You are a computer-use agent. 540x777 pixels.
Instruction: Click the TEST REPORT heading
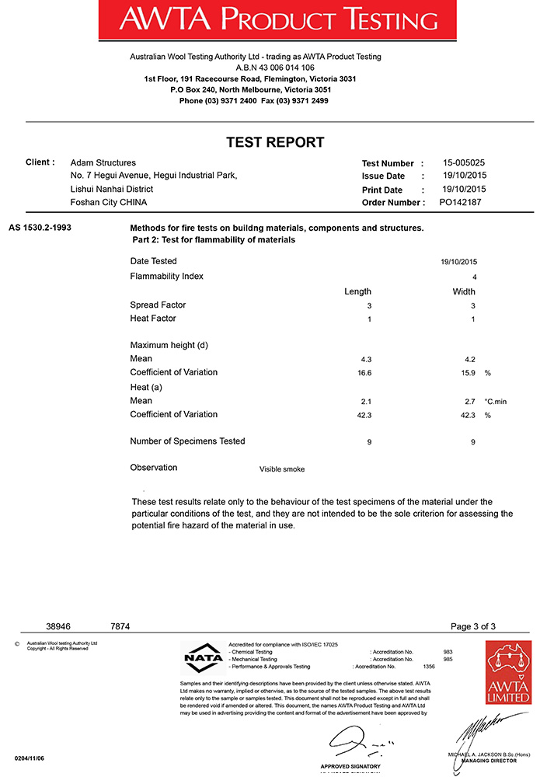pyautogui.click(x=274, y=142)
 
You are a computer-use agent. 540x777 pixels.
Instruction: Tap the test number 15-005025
pyautogui.click(x=464, y=163)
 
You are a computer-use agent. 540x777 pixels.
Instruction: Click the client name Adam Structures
pyautogui.click(x=103, y=163)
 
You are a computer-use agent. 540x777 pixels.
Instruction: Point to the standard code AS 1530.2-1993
pyautogui.click(x=40, y=228)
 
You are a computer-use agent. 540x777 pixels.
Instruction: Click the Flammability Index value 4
pyautogui.click(x=474, y=277)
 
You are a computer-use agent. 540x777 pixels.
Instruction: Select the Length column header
pyautogui.click(x=357, y=291)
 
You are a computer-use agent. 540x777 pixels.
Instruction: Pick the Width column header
pyautogui.click(x=464, y=291)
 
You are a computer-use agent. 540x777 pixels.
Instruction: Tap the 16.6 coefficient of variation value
pyautogui.click(x=366, y=373)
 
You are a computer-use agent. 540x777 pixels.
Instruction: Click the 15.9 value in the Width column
pyautogui.click(x=469, y=373)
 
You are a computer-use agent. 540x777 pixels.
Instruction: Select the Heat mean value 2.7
pyautogui.click(x=469, y=401)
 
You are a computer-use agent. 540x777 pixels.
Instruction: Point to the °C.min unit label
pyautogui.click(x=496, y=401)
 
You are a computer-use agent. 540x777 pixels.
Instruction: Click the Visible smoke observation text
pyautogui.click(x=282, y=469)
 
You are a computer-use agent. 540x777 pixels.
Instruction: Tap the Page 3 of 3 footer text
pyautogui.click(x=472, y=626)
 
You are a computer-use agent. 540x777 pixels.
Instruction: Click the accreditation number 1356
pyautogui.click(x=429, y=667)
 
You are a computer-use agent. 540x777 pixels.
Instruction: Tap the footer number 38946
pyautogui.click(x=58, y=626)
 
